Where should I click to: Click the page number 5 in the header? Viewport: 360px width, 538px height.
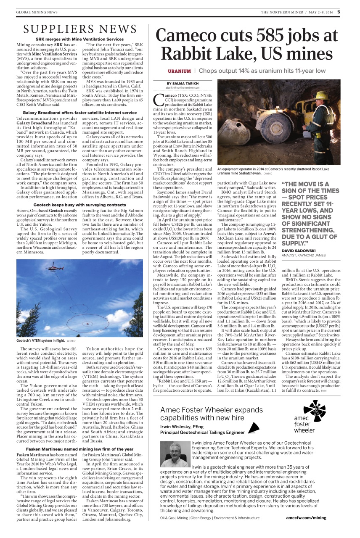(x=338, y=12)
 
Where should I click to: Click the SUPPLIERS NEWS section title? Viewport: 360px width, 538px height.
(x=80, y=29)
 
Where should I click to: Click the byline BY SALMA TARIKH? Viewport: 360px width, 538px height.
(x=181, y=84)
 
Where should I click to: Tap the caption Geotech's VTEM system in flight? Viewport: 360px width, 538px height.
(x=40, y=341)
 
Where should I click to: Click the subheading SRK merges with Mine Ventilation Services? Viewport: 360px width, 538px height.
(x=79, y=39)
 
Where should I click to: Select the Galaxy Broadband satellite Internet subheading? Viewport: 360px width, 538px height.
(x=79, y=113)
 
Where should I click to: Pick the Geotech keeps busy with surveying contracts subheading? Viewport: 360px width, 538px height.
(x=79, y=205)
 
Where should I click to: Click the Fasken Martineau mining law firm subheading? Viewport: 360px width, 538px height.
(x=79, y=449)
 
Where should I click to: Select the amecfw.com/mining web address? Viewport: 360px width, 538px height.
(x=306, y=518)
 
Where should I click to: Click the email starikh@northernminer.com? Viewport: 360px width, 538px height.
(x=181, y=88)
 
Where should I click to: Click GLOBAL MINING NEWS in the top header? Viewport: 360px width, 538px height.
(x=37, y=12)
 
